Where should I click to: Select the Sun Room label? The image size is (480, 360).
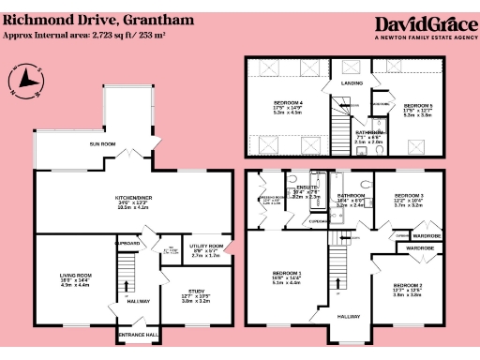click(102, 144)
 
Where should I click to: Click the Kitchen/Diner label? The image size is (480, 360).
click(132, 201)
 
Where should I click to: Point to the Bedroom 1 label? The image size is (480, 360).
click(287, 273)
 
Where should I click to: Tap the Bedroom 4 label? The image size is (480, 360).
click(288, 101)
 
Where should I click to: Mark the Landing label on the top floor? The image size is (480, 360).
click(352, 83)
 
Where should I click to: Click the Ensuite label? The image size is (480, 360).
click(306, 187)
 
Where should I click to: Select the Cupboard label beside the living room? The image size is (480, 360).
click(127, 242)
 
